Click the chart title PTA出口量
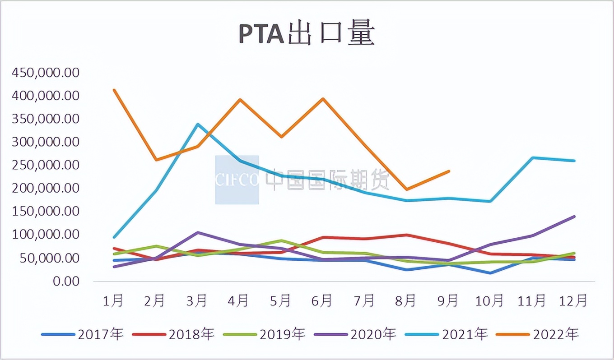307,35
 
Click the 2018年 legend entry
173,334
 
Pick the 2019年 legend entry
265,334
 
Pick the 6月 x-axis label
322,300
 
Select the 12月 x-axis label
574,300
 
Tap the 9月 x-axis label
448,300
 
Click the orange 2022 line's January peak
114,90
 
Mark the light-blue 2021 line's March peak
198,124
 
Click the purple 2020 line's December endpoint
574,217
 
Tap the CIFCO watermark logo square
237,180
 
